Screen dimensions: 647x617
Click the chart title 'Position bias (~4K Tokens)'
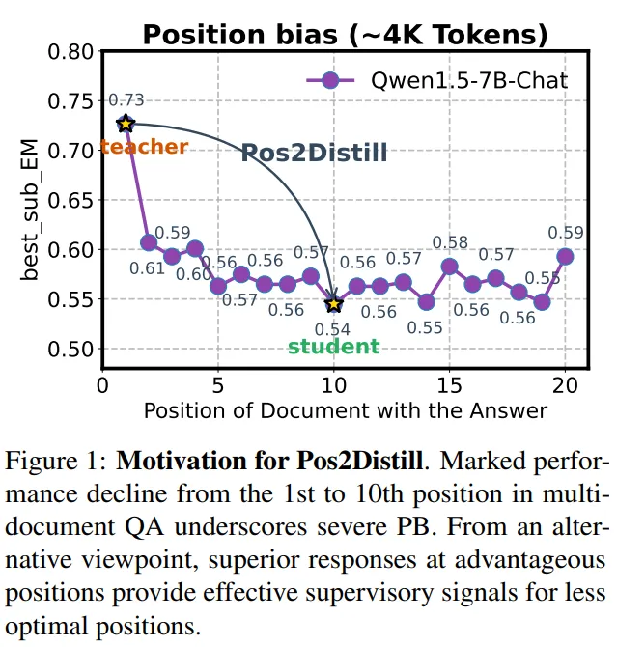pos(345,35)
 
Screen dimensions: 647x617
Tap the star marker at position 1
pos(125,124)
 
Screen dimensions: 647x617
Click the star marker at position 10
pos(334,304)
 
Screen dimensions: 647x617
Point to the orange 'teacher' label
pos(144,148)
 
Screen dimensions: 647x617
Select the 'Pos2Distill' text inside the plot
pos(313,152)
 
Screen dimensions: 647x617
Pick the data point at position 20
pos(566,256)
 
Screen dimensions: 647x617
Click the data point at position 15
pos(450,266)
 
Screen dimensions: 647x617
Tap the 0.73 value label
pos(126,100)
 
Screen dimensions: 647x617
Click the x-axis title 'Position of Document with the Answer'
pos(345,410)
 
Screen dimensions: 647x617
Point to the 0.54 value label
pos(333,328)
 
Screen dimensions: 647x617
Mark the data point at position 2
pos(149,242)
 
